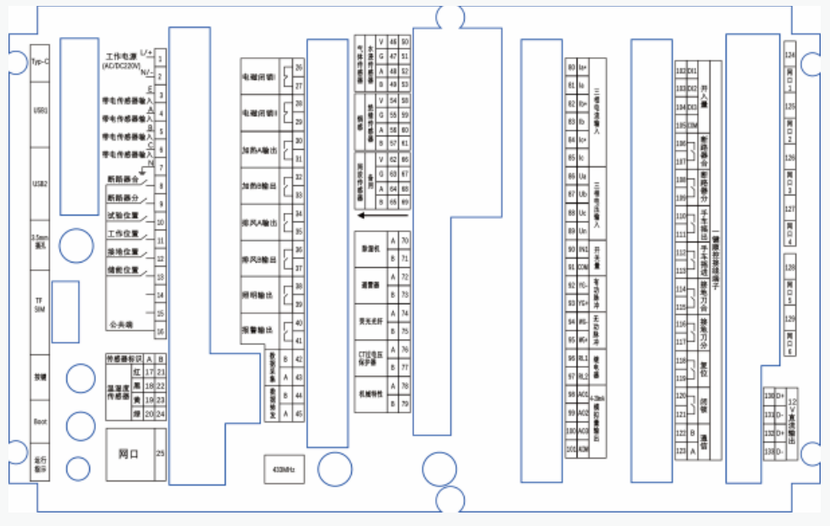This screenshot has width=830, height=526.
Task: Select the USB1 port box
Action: pos(40,110)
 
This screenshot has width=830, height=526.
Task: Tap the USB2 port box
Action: pos(40,183)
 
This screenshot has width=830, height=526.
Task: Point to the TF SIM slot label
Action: pos(40,304)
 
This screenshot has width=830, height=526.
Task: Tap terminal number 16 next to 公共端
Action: pos(160,332)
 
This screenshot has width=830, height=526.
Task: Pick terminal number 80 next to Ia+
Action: pos(572,66)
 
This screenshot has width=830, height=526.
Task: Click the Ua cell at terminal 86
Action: pos(583,177)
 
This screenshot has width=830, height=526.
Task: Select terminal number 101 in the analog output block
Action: pos(572,449)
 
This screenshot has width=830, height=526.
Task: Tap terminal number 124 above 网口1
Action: pos(790,56)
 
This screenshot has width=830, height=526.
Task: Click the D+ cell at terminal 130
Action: pos(779,396)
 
